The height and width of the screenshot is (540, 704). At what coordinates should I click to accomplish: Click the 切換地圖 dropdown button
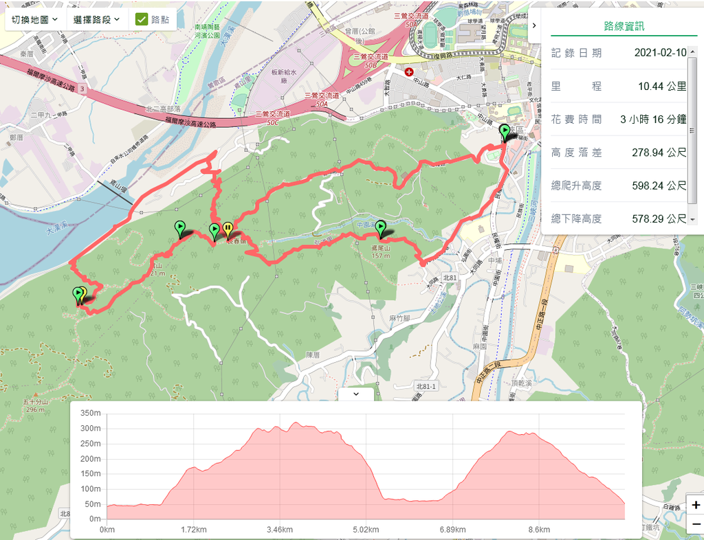click(x=35, y=19)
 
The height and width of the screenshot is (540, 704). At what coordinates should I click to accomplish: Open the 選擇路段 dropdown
click(x=96, y=19)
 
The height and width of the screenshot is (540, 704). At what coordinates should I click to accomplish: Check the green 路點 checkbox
click(x=142, y=19)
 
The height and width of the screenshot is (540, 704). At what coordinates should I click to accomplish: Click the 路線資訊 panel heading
click(x=624, y=27)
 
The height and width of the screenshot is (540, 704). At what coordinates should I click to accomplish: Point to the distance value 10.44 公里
click(x=662, y=86)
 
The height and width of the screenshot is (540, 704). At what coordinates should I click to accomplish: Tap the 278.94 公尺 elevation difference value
click(x=659, y=152)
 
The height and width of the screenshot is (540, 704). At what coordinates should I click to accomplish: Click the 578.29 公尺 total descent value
click(x=659, y=218)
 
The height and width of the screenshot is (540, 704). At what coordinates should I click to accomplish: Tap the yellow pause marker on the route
click(x=228, y=229)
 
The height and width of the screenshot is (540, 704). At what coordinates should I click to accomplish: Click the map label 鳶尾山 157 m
click(x=381, y=251)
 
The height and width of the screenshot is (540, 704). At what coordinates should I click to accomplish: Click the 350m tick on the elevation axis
click(x=91, y=413)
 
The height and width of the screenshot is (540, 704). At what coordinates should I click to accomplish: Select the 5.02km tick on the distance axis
click(x=365, y=530)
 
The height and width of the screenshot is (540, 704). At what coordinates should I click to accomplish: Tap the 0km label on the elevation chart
click(x=107, y=530)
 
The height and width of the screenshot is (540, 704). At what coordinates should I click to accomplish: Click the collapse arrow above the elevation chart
click(x=355, y=394)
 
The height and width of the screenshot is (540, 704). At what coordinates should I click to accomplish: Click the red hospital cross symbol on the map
click(x=409, y=71)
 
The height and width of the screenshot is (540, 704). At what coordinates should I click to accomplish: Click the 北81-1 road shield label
click(x=426, y=387)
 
